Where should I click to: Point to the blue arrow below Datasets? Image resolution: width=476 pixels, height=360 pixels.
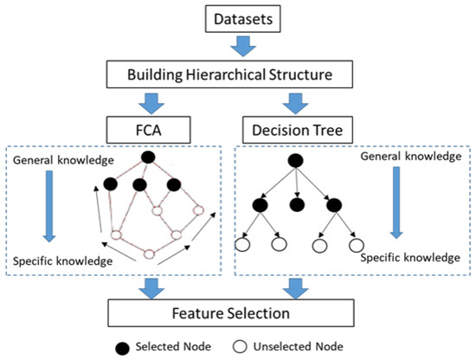[243, 46]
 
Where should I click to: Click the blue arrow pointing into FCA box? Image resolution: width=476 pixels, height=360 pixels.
[151, 104]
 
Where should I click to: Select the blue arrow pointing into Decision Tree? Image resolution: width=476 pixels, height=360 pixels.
[295, 104]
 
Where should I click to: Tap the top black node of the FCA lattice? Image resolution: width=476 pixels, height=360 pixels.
[148, 157]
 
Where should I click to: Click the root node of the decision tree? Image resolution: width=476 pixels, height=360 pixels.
[295, 161]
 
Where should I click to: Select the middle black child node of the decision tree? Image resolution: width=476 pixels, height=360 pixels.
[297, 205]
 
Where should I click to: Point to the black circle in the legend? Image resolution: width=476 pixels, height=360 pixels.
[122, 348]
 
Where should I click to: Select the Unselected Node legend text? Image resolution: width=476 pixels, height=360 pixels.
[299, 346]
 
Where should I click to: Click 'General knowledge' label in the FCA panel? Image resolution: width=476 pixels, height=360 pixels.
[63, 160]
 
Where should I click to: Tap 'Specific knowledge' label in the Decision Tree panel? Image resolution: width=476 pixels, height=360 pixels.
[410, 258]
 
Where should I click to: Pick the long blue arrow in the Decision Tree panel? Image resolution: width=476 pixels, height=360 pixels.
[396, 202]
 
